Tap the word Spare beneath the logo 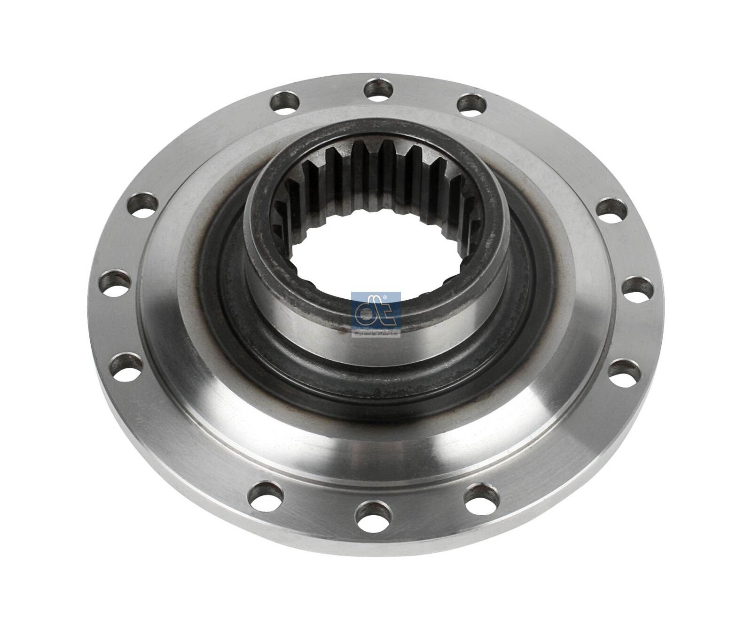tap(365, 333)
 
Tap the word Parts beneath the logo tap(389, 333)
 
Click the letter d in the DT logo tap(365, 314)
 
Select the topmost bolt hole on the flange tap(379, 88)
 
